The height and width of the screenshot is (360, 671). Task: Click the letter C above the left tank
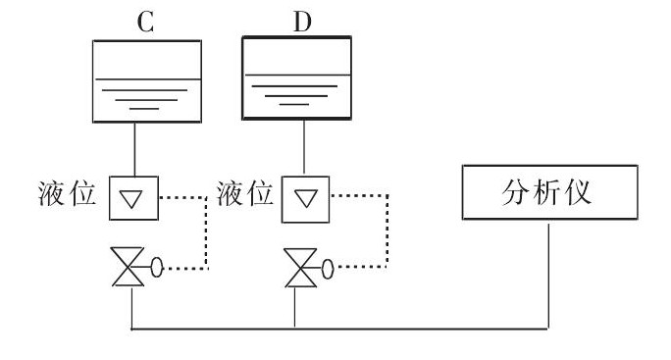click(145, 23)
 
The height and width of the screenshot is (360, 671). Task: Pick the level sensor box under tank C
click(130, 198)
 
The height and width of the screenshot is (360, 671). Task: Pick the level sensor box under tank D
click(307, 198)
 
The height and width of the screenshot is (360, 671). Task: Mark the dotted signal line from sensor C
click(205, 231)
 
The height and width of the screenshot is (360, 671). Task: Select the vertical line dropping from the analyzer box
click(548, 275)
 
